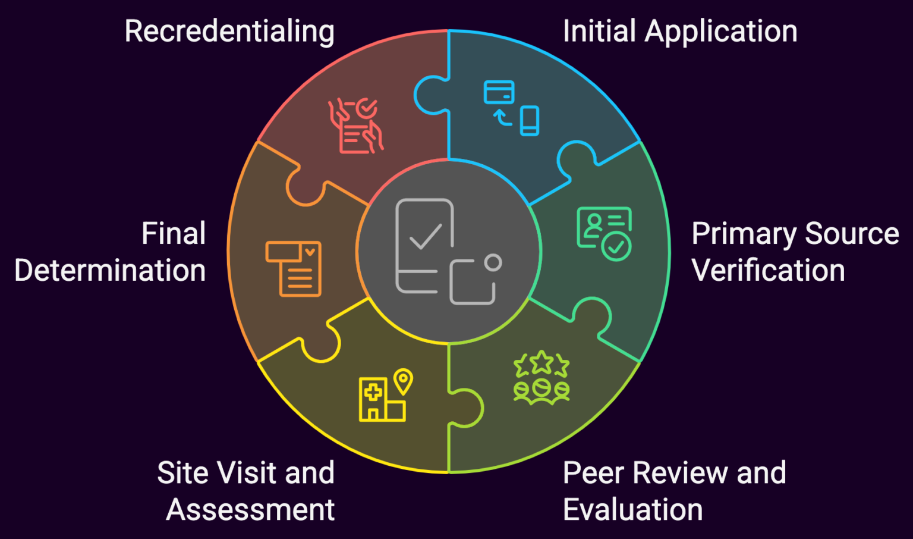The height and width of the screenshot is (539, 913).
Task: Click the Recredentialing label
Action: pyautogui.click(x=229, y=32)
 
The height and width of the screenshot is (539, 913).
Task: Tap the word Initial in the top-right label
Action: pyautogui.click(x=599, y=31)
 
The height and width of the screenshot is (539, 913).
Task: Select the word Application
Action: pyautogui.click(x=721, y=32)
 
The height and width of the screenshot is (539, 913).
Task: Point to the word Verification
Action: pyautogui.click(x=768, y=271)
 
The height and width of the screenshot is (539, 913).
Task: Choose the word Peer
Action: pyautogui.click(x=593, y=473)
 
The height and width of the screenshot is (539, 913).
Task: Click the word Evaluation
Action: pyautogui.click(x=632, y=510)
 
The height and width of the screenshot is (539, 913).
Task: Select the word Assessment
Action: pyautogui.click(x=250, y=510)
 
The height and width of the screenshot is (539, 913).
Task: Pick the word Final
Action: pyautogui.click(x=174, y=233)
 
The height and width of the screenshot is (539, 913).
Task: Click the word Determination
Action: pyautogui.click(x=110, y=271)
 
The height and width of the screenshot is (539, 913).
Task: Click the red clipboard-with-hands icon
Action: pyautogui.click(x=356, y=126)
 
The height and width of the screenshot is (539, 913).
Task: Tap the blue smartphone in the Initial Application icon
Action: pyautogui.click(x=529, y=121)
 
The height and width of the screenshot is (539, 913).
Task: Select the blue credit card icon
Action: pyautogui.click(x=499, y=92)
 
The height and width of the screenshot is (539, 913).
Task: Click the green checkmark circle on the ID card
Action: pyautogui.click(x=616, y=246)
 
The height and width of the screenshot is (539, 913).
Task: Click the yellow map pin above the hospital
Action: pyautogui.click(x=403, y=381)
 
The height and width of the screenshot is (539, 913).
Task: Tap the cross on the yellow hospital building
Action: pyautogui.click(x=373, y=393)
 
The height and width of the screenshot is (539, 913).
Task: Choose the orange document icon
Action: pyautogui.click(x=294, y=268)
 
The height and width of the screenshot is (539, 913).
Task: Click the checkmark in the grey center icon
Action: pyautogui.click(x=426, y=236)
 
